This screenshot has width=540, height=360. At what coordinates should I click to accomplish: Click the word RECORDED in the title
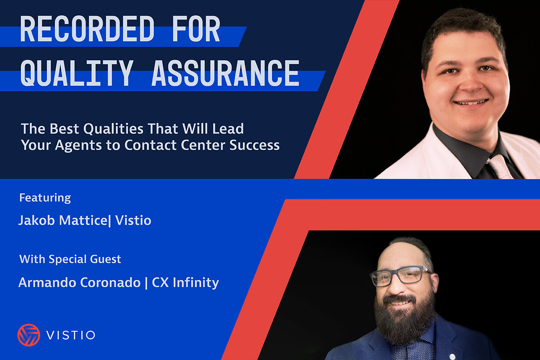pos(87,29)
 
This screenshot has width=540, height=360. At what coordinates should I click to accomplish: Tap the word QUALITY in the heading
pos(77,73)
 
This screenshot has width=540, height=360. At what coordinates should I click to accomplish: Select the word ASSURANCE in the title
pos(225,73)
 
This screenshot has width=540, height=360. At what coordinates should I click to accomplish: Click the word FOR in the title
pos(196,29)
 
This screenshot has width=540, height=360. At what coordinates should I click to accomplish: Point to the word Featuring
pos(45,198)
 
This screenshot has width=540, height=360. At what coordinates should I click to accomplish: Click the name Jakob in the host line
pos(36,220)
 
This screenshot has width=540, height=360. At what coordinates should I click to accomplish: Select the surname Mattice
pos(83,220)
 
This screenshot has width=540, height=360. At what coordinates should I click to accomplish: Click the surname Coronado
pos(110,282)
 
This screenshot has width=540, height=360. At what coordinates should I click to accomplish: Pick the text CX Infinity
pos(185,282)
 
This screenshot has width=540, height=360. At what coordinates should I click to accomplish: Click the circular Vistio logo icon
pos(29,335)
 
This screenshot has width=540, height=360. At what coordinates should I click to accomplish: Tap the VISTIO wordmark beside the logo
pos(71,335)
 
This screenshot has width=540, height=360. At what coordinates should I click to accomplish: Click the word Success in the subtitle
pos(254,145)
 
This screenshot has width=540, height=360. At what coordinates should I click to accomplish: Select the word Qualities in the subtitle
pos(113,129)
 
